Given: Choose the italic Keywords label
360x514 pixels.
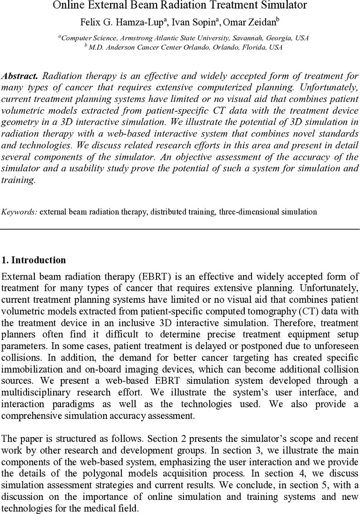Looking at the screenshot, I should [x=20, y=212].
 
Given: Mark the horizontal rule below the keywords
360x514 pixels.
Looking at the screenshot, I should [x=180, y=229].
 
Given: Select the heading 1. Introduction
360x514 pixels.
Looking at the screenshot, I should [x=34, y=260].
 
